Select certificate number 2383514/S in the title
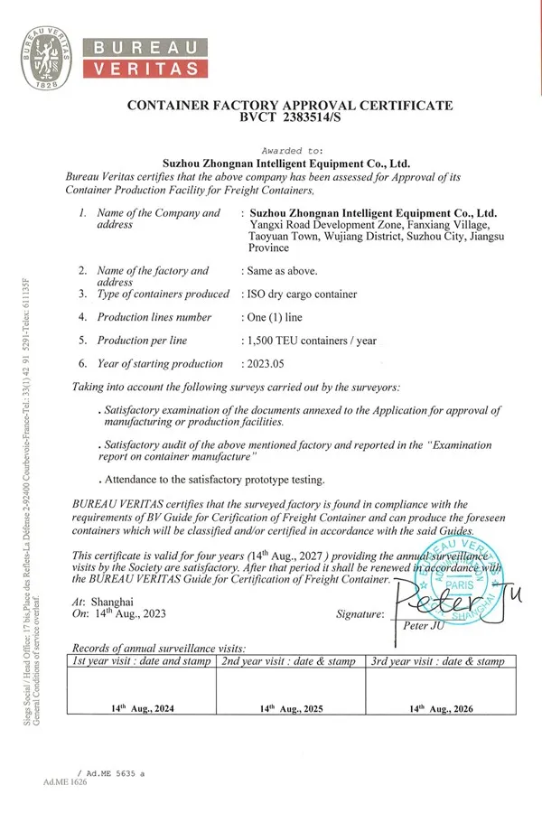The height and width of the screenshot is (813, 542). click(x=307, y=117)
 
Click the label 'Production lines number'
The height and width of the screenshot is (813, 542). click(x=154, y=317)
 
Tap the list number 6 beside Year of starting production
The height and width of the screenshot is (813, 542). click(x=82, y=364)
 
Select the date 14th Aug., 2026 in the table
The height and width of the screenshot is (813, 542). click(x=442, y=709)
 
